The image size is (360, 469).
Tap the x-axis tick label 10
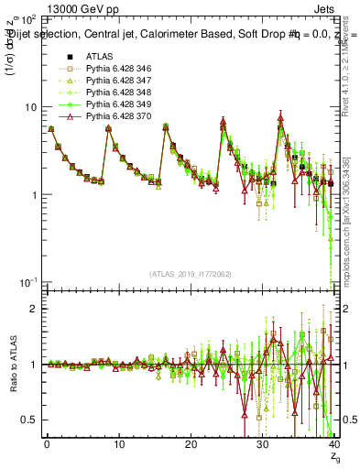point(118,444)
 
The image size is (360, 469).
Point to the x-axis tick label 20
point(191,444)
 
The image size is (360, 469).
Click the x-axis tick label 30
point(262,444)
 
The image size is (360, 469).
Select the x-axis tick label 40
point(333,444)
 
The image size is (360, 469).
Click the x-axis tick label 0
point(47,444)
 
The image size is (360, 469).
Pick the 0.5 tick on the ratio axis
point(33,420)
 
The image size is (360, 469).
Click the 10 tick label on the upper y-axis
point(31,106)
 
